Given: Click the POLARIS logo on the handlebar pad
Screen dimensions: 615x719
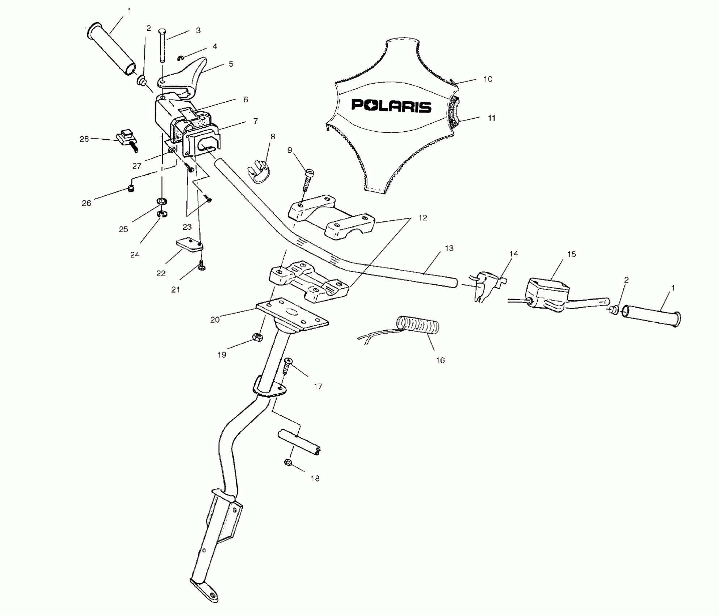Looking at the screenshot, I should pyautogui.click(x=391, y=106).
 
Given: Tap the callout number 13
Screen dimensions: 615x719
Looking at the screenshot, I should pyautogui.click(x=449, y=248).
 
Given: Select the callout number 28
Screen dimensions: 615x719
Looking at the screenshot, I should pyautogui.click(x=84, y=139).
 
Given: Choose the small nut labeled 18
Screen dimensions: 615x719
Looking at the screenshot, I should pyautogui.click(x=289, y=462).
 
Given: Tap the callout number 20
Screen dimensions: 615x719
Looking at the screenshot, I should pyautogui.click(x=215, y=320).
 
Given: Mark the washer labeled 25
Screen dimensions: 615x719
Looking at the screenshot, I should pyautogui.click(x=161, y=201).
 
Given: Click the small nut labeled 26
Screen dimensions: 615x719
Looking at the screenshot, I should pyautogui.click(x=131, y=188).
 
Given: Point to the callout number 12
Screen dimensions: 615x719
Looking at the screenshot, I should pyautogui.click(x=422, y=218).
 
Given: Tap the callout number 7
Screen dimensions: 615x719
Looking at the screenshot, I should pyautogui.click(x=256, y=121).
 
